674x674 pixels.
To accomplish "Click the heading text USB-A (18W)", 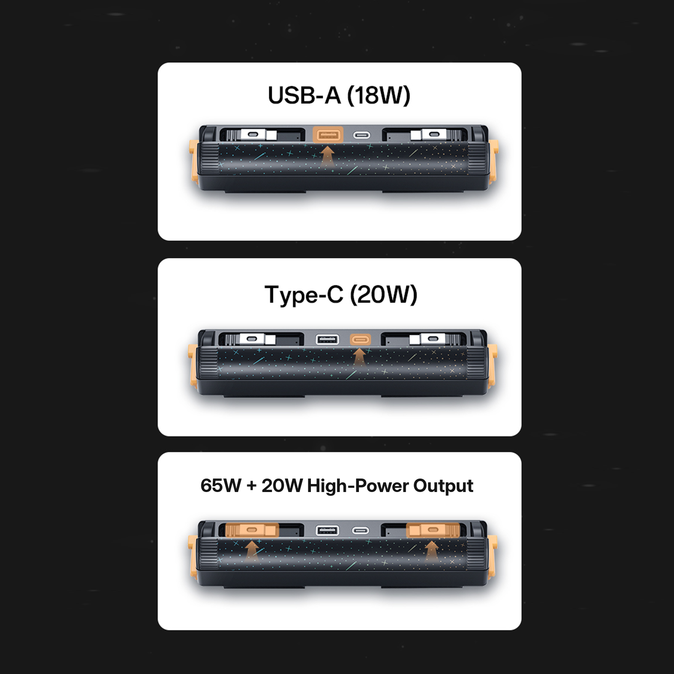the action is click(x=339, y=95).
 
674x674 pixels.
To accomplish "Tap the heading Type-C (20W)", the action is click(x=341, y=294).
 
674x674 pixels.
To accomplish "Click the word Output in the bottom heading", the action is click(x=443, y=486).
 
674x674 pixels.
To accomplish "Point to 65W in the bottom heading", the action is click(x=221, y=485).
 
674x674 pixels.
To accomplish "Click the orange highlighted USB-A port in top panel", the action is click(x=328, y=135).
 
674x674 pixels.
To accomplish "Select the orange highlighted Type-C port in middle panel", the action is click(x=361, y=339).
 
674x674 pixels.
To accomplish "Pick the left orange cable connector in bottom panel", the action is click(x=252, y=530).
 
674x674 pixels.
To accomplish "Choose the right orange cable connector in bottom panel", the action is click(x=433, y=530).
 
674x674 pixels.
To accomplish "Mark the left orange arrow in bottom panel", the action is click(x=252, y=550).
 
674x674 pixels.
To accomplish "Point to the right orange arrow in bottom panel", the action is click(x=432, y=550).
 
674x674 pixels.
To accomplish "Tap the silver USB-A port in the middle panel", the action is click(x=327, y=339).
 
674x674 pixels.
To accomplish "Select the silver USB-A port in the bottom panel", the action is click(x=327, y=530).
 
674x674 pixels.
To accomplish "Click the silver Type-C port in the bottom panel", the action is click(x=361, y=530).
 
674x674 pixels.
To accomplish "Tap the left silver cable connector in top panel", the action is click(x=253, y=135).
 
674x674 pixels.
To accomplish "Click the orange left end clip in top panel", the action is click(x=194, y=160).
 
